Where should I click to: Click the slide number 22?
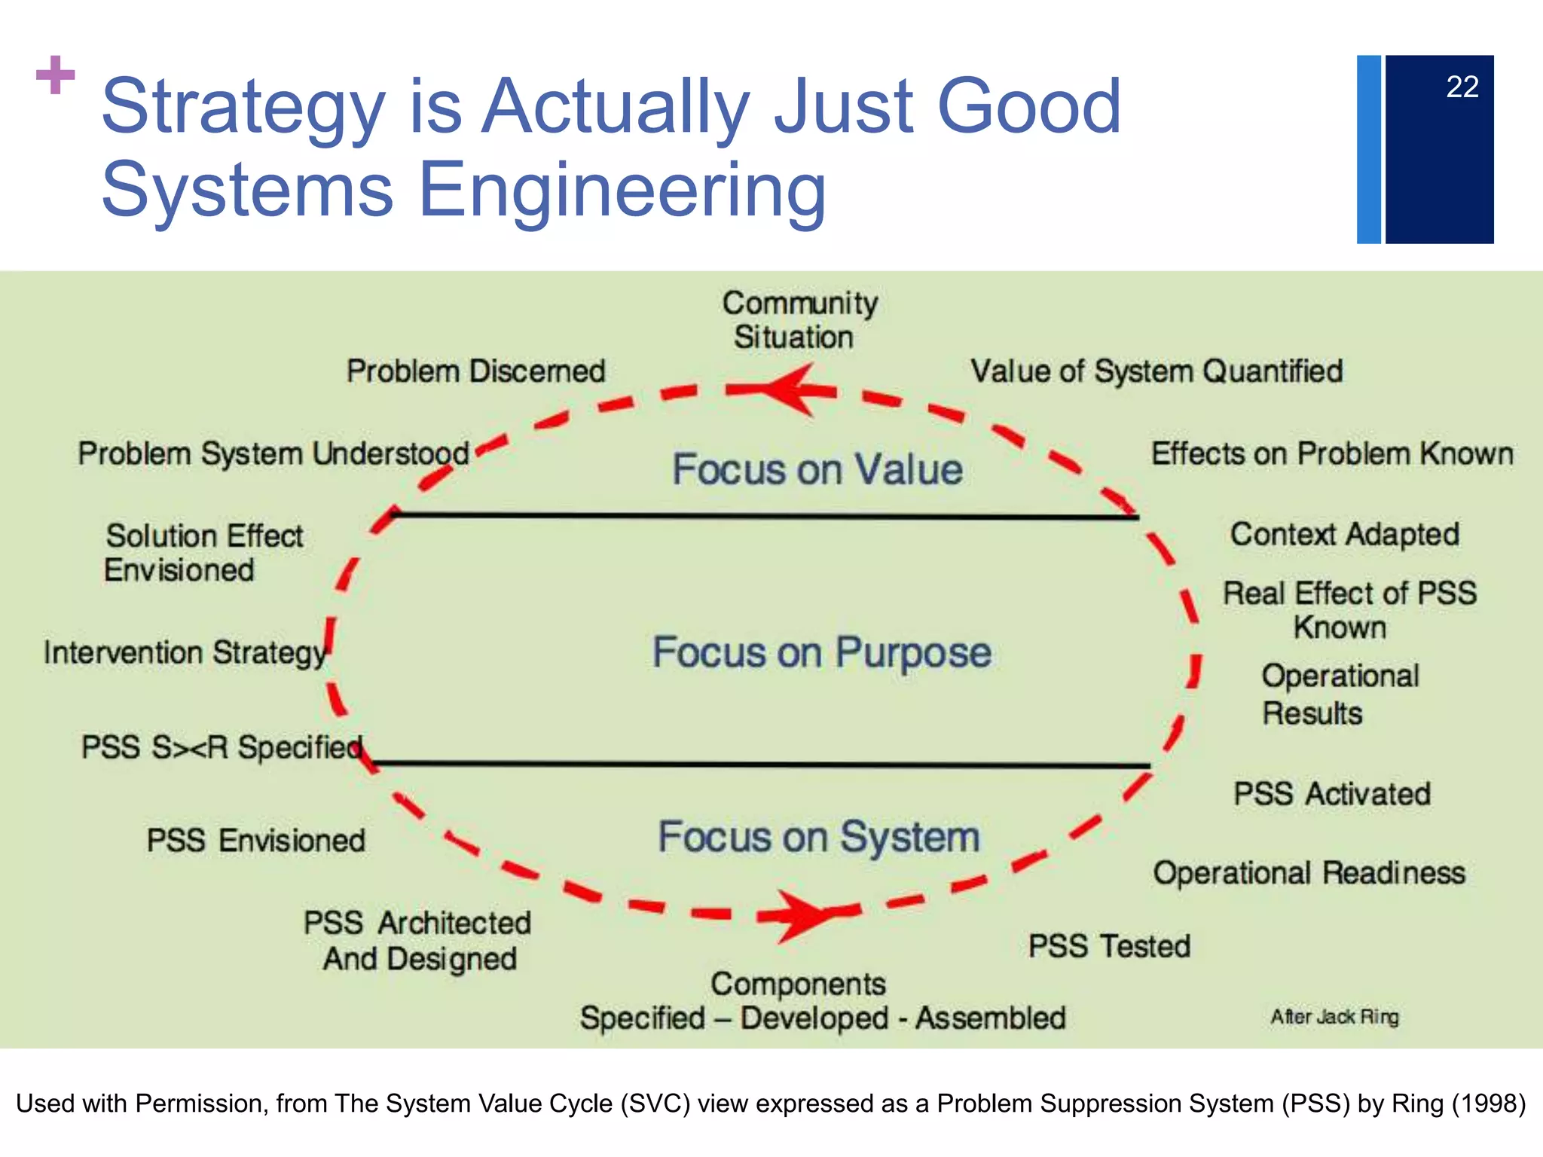point(1462,87)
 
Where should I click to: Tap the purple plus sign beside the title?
point(56,75)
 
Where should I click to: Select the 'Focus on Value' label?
point(817,469)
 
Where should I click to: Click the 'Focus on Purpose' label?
point(821,652)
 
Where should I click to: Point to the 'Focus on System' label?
point(819,837)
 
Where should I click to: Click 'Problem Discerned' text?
point(475,371)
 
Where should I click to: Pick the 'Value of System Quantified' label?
point(1156,371)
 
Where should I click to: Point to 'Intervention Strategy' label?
point(185,652)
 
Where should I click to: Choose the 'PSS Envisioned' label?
point(256,841)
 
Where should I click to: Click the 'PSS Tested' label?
point(1109,946)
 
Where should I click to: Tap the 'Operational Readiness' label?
point(1309,873)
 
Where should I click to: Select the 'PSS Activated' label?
point(1331,794)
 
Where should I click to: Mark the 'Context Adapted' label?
point(1345,534)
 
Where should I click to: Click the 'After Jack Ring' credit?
point(1334,1017)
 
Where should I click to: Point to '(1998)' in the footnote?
point(1489,1104)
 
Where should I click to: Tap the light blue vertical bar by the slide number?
point(1368,149)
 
